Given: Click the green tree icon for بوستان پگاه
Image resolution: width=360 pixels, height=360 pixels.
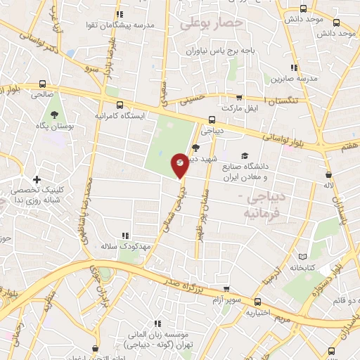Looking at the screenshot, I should (54, 113).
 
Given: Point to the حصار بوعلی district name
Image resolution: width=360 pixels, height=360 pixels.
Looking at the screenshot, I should (211, 24).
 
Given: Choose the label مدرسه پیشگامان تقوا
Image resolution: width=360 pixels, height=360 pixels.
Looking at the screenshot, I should (140, 25).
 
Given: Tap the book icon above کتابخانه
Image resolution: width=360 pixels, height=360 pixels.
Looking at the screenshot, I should (304, 257).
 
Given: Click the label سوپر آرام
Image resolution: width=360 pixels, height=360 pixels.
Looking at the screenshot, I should (225, 300).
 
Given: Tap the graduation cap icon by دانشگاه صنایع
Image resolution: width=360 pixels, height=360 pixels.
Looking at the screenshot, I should (245, 155).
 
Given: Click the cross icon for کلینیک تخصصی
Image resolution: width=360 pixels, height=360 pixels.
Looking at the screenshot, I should (37, 181).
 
